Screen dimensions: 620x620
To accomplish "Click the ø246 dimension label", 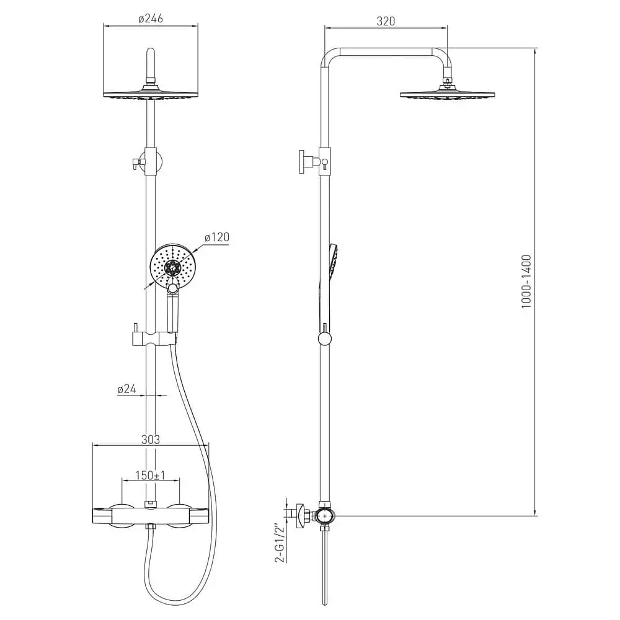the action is (x=151, y=19).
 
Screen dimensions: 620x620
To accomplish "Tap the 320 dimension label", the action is (x=386, y=21).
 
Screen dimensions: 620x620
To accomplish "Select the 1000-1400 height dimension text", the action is (x=526, y=281).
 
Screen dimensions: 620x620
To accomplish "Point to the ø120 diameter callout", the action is (x=216, y=237).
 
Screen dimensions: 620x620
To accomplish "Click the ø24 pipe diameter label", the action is (x=126, y=389).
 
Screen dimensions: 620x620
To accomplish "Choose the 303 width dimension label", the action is (x=151, y=440).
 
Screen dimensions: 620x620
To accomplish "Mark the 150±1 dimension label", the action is (x=150, y=476).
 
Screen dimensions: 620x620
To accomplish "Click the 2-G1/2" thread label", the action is (x=280, y=543).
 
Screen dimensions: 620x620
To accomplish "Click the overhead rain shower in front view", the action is (x=151, y=94).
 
